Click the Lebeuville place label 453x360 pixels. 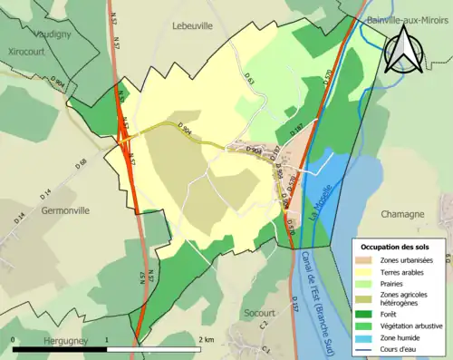(x=192, y=26)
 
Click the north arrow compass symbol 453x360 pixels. (x=401, y=49)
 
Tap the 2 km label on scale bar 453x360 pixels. (x=207, y=339)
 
